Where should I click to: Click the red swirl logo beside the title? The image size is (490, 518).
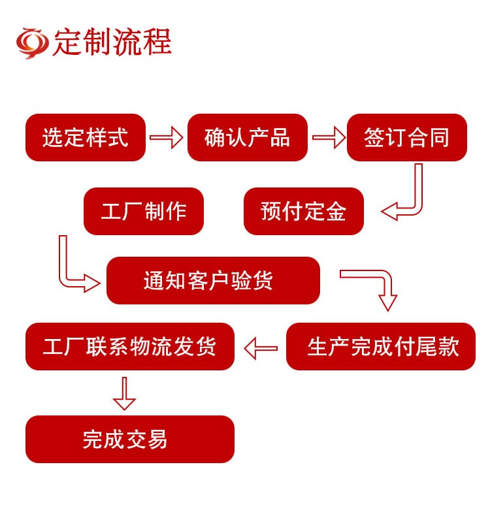coord(33,42)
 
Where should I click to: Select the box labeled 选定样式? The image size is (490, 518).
coord(86,138)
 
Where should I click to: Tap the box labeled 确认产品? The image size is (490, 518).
coord(247,138)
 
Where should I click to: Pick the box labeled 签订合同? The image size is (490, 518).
coord(406,138)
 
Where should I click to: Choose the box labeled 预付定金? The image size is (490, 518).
coord(303,212)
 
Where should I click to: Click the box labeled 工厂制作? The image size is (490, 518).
coord(144,212)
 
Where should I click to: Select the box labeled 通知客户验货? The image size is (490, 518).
coord(213,280)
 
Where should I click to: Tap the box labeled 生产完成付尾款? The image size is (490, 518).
coord(381,347)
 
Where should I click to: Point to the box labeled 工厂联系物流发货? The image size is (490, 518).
coord(129,347)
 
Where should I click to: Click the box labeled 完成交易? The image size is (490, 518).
coord(129,439)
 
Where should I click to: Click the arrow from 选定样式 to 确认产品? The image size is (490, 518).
coord(166,138)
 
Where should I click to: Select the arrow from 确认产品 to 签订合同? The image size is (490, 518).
coord(328,138)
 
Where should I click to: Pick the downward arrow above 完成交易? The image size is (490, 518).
coord(124,393)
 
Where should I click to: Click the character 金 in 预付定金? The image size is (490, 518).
coord(336,212)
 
